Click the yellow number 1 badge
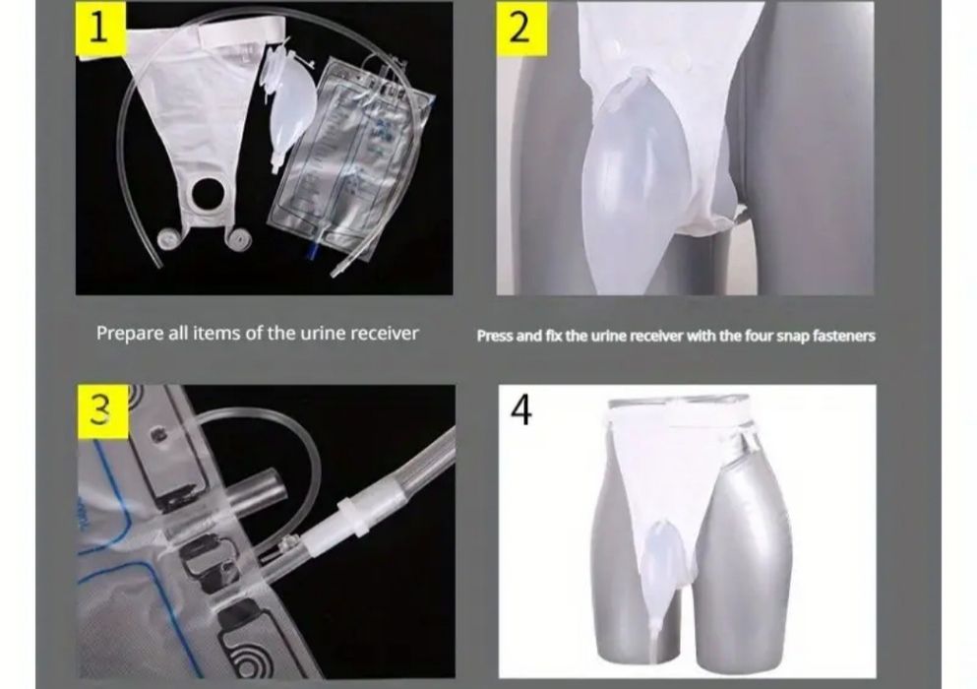101,30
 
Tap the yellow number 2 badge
521,28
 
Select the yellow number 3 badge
103,410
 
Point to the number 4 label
521,409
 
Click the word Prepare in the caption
130,334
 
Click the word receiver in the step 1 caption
385,334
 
